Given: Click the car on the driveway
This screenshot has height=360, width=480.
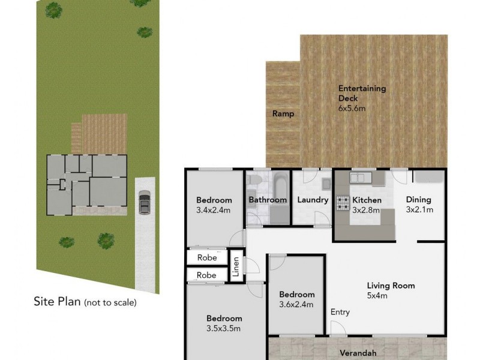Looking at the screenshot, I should point(144,202).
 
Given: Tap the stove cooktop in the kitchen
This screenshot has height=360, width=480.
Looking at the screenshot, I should point(343,203).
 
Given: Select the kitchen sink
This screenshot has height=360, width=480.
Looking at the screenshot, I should point(358,178).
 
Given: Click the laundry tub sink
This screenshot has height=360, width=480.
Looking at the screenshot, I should point(326,182).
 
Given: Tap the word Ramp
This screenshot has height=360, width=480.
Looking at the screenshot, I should point(283,113).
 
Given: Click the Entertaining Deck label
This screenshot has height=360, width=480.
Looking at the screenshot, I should point(362,94).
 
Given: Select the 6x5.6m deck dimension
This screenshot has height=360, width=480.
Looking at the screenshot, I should point(352,109).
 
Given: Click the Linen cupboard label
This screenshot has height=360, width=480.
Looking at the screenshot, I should point(236,264).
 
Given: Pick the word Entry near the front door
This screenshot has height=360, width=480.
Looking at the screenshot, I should point(340,312).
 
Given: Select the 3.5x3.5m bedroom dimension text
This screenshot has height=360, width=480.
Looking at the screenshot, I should point(224,328).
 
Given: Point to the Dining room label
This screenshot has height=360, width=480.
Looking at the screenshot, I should point(419,200).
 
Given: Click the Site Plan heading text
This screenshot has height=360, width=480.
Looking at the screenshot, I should point(56,302).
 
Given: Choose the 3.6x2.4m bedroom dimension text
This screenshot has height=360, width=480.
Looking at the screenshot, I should point(296,304).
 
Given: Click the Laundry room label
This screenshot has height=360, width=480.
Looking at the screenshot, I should point(313,200).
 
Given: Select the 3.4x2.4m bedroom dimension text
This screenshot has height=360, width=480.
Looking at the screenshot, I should point(214,210).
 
